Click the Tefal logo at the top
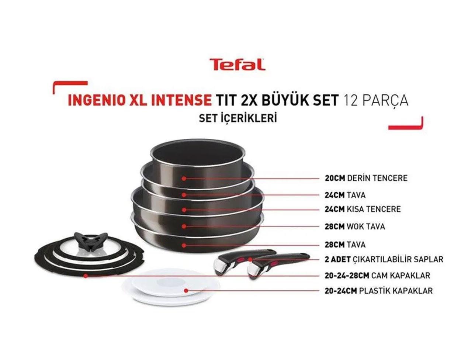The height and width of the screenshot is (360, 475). [x=237, y=64]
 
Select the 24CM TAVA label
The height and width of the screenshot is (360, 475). [x=345, y=194]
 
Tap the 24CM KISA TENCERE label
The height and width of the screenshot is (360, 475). [x=363, y=209]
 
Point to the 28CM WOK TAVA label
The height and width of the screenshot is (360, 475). [x=355, y=226]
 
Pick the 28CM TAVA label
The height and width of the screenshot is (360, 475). [x=345, y=245]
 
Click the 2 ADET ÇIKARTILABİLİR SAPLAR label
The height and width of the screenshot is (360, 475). [x=384, y=259]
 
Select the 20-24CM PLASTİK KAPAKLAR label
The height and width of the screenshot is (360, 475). [x=378, y=291]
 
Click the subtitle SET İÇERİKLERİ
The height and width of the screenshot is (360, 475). [x=237, y=119]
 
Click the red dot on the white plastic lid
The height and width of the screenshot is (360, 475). [x=186, y=290]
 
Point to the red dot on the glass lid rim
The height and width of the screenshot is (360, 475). [x=85, y=276]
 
